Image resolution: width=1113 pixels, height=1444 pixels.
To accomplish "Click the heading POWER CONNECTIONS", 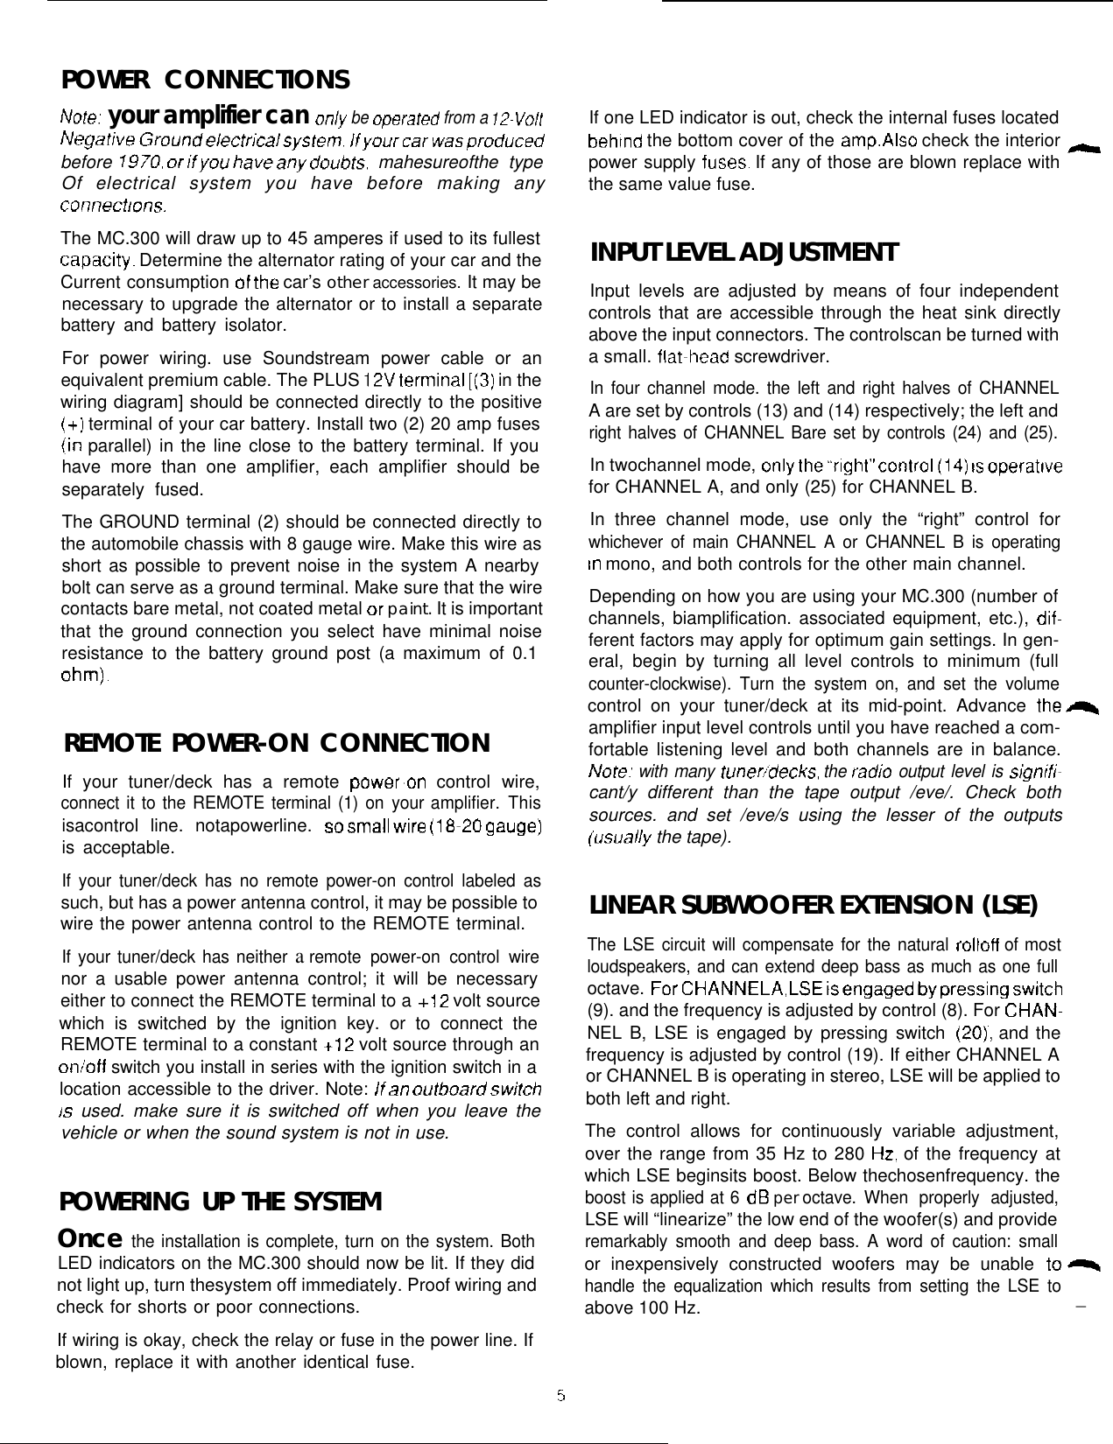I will [x=206, y=81].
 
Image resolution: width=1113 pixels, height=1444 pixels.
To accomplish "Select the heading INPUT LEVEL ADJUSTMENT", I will [x=744, y=253].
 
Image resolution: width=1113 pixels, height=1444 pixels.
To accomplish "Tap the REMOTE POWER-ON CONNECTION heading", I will [x=277, y=744].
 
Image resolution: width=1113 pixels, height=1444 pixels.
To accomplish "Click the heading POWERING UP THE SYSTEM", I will [x=220, y=1202].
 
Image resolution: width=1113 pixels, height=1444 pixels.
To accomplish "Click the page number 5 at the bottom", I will [x=560, y=1394].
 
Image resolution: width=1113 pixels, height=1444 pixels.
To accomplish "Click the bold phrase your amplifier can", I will [x=210, y=116].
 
